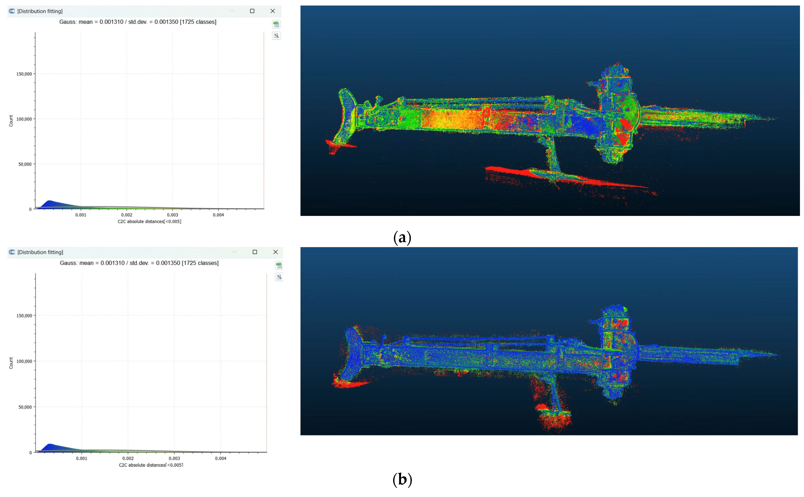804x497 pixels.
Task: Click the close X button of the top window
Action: point(273,11)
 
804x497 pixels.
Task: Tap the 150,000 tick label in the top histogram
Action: point(24,74)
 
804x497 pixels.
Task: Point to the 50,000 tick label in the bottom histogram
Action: point(25,407)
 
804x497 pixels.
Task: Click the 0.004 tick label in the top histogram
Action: point(218,215)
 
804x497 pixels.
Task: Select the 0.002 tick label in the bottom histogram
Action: point(128,458)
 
